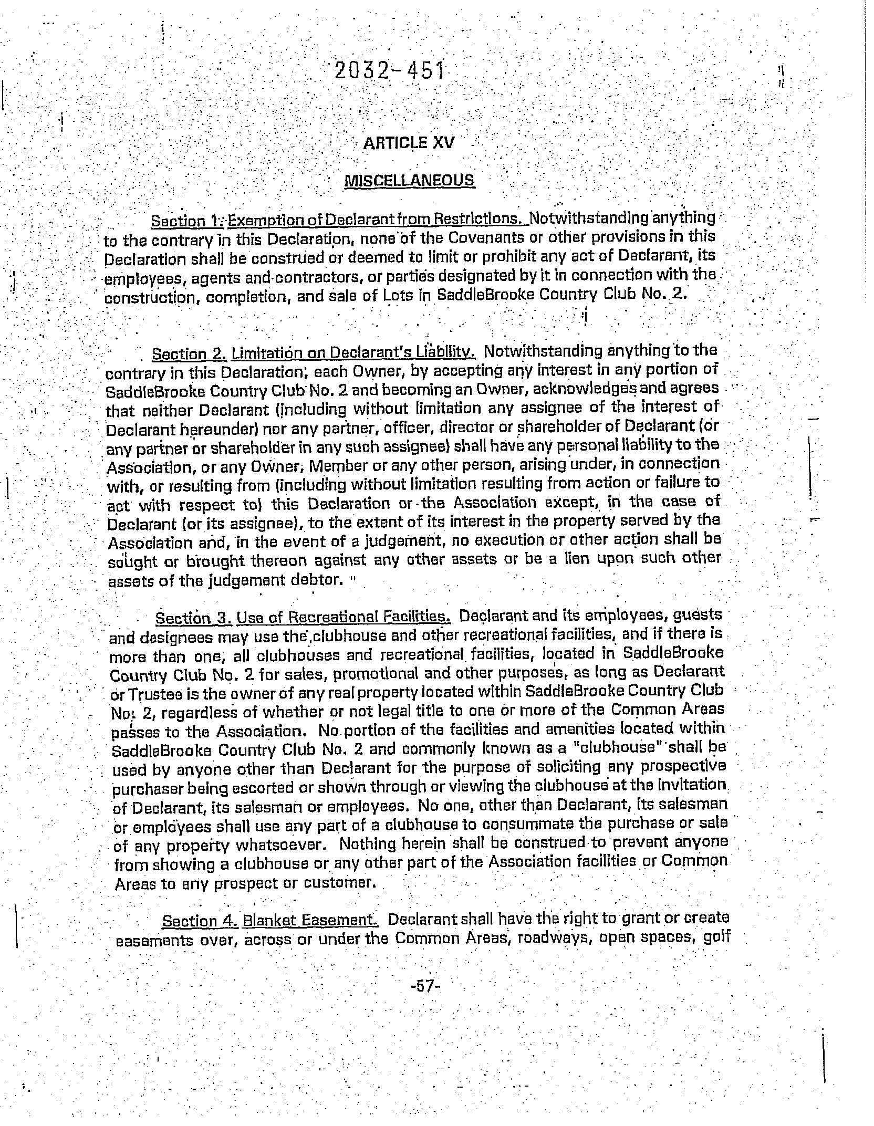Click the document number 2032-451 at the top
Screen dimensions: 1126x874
tap(389, 71)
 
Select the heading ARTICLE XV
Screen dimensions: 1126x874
tap(409, 143)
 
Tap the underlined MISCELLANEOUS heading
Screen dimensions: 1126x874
tap(409, 180)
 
